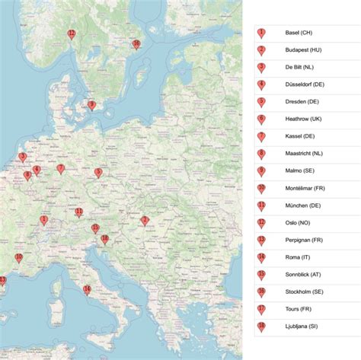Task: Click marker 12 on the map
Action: [x=72, y=34]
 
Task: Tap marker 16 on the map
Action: [x=136, y=44]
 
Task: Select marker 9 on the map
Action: [x=91, y=106]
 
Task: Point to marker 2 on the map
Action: [x=145, y=221]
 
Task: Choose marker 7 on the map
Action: [x=61, y=169]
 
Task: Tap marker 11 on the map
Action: [x=79, y=212]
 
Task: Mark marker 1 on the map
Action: [x=44, y=220]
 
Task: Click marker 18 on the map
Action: [x=104, y=239]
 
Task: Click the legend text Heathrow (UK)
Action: [x=303, y=119]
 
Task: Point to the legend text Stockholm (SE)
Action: [x=304, y=291]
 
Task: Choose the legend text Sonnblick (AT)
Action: [x=303, y=274]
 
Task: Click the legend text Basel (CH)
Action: [x=299, y=33]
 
